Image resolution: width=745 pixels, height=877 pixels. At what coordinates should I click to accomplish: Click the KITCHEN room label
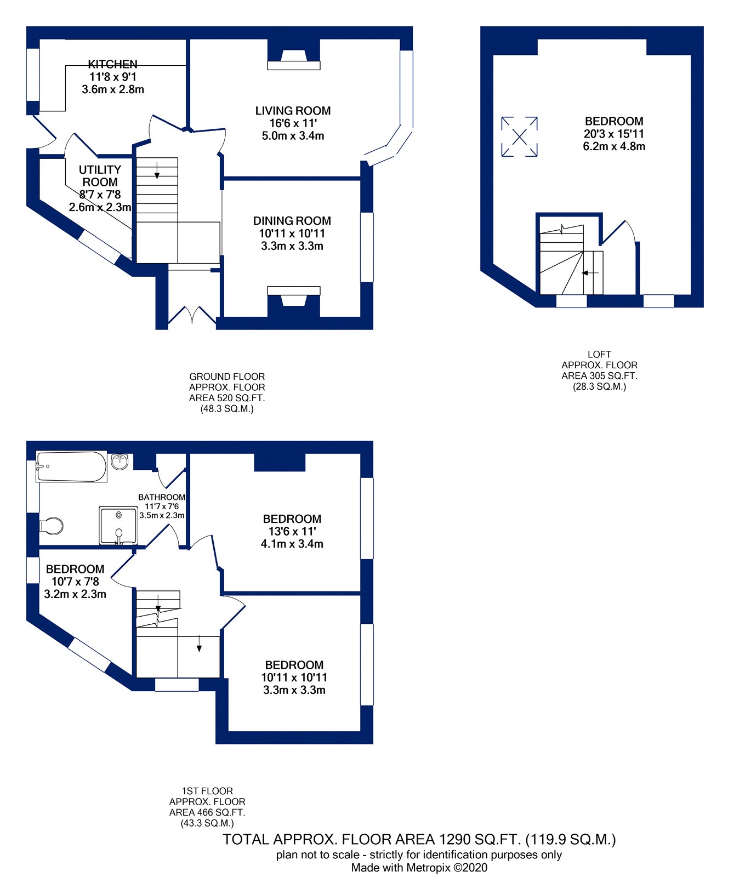click(113, 64)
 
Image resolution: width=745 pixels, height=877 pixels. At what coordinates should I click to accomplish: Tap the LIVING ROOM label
click(293, 111)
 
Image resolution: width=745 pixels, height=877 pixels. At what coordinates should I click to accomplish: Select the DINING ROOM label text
click(292, 221)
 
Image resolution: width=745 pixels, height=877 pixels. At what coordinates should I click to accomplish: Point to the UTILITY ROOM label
click(100, 176)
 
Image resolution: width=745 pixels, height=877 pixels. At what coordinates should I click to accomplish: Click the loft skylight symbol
click(519, 136)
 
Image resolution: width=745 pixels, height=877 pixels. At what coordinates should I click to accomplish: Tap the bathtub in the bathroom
click(71, 466)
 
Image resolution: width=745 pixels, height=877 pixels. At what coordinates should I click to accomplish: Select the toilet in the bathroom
click(52, 525)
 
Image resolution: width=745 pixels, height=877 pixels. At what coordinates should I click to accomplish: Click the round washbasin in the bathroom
click(120, 462)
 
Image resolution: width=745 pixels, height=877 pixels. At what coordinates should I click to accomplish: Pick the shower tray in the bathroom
click(118, 526)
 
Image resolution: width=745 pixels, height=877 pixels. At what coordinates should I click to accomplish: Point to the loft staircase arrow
click(590, 273)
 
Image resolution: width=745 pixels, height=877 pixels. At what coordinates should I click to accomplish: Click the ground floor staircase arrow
click(157, 170)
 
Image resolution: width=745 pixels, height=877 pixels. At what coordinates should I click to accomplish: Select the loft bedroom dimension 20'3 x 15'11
click(614, 134)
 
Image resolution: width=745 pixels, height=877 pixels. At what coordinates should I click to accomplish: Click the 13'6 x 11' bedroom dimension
click(292, 531)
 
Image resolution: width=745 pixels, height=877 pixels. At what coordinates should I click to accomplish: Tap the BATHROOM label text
click(162, 497)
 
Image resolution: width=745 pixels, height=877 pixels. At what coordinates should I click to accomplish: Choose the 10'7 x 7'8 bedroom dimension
click(75, 582)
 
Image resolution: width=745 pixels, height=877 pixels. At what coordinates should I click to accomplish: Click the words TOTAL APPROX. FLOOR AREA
click(328, 839)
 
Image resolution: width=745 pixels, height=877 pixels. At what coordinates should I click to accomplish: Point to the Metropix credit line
click(419, 868)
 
